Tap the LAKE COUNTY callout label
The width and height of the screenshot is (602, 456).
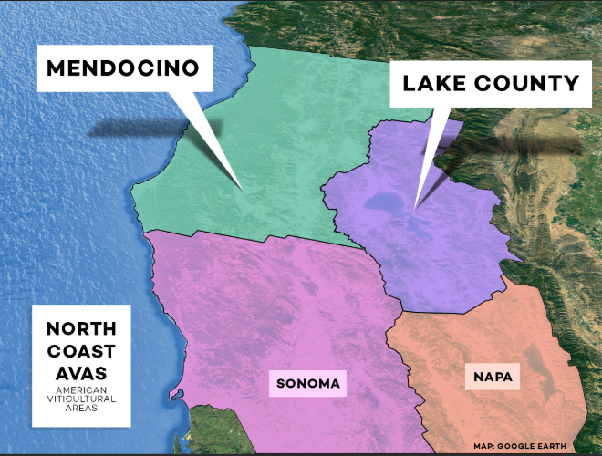[x=491, y=84]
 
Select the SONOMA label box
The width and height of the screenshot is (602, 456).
[x=309, y=384]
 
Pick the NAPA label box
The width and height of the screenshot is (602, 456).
[x=493, y=376]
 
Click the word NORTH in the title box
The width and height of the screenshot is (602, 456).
[x=82, y=329]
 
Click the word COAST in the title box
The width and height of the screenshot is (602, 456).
[x=82, y=351]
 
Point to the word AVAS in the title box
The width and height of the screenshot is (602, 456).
[x=82, y=373]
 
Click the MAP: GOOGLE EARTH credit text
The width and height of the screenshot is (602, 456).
[x=519, y=446]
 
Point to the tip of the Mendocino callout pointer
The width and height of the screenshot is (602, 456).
[x=242, y=189]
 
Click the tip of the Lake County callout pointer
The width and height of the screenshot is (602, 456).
[x=415, y=206]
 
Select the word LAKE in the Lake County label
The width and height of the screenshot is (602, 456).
[x=432, y=84]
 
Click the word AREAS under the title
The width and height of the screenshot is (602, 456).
[x=82, y=408]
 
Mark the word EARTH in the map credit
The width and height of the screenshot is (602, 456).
[x=550, y=446]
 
